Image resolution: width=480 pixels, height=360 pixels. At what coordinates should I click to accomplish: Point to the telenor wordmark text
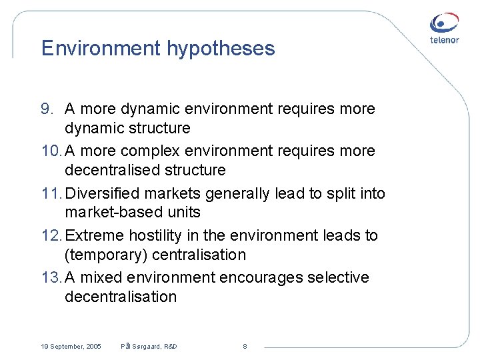[x=444, y=39]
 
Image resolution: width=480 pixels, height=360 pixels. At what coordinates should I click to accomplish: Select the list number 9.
[x=47, y=109]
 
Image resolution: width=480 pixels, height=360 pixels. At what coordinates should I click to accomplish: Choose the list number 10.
[x=50, y=151]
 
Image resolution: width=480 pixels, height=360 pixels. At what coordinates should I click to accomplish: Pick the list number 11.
[x=50, y=193]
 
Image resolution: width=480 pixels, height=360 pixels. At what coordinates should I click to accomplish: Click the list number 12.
[x=50, y=235]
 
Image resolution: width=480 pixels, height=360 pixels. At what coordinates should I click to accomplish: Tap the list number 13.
[x=50, y=277]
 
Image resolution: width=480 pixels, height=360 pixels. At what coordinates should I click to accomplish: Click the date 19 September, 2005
[x=71, y=347]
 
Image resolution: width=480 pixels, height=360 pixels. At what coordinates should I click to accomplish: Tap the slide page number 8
[x=245, y=347]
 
